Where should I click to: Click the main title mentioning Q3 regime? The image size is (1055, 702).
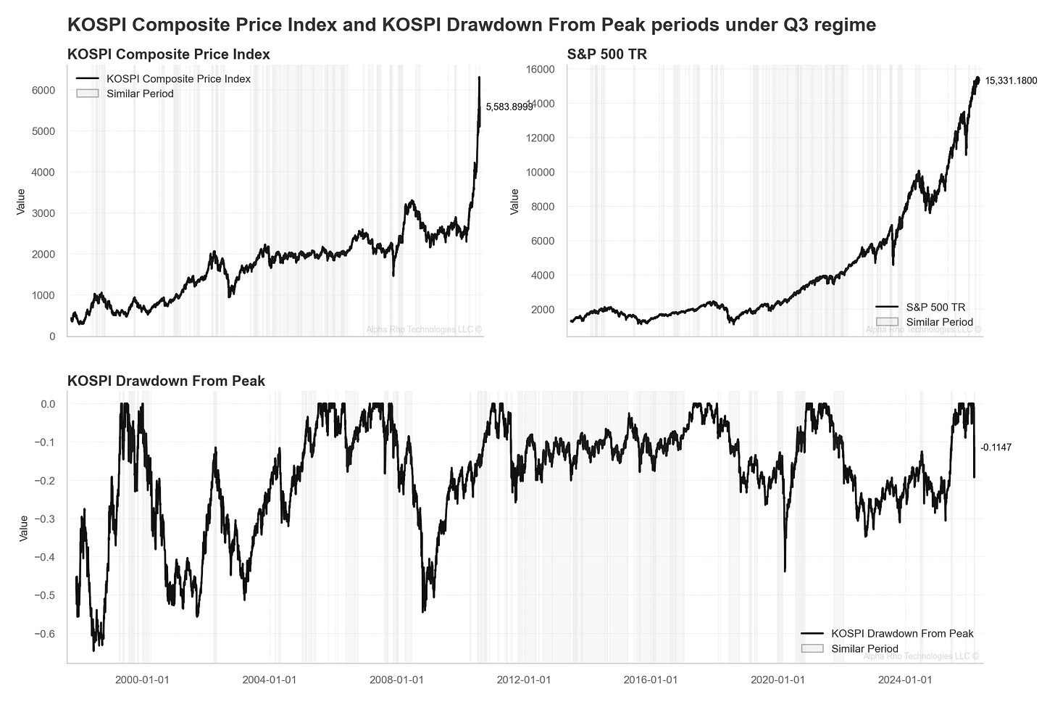coord(471,25)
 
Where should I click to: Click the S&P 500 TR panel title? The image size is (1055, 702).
coord(606,54)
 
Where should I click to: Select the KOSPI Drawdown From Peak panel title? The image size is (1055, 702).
coord(166,381)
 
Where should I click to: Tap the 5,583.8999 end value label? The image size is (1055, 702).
coord(509,107)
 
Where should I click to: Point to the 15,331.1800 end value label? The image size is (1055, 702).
coord(1011,80)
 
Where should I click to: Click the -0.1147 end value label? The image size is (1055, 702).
coord(996,448)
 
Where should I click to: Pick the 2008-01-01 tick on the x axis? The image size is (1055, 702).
coord(396,680)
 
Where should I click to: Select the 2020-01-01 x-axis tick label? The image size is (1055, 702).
coord(777,680)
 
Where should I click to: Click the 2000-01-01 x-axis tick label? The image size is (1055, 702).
coord(142,680)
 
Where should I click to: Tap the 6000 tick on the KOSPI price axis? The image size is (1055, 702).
coord(43,90)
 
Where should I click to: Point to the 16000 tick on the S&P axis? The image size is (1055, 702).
coord(540,70)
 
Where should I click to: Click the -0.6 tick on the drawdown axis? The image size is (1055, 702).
coord(46,634)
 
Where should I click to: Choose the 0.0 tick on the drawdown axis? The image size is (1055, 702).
coord(48,404)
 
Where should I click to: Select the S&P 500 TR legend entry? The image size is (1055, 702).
coord(935,307)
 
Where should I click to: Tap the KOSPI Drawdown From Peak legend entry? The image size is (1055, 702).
coord(902,634)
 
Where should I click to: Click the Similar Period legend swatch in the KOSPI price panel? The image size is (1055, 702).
coord(87,94)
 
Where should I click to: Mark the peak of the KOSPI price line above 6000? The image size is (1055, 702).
coord(479,77)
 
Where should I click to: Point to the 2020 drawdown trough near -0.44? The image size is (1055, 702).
coord(785,571)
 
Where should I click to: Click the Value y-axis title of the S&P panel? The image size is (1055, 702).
coord(514,202)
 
